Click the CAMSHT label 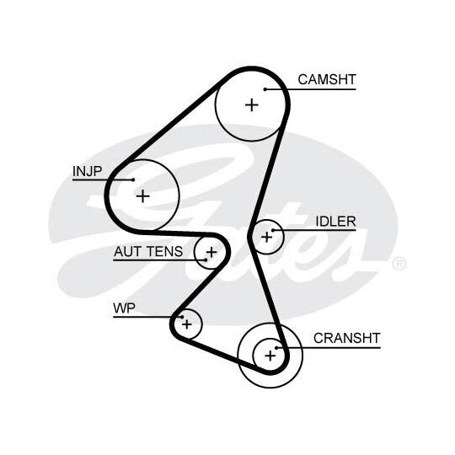click(x=327, y=79)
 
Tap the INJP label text click(x=87, y=171)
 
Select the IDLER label click(x=335, y=222)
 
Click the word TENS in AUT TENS click(x=165, y=251)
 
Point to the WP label click(x=124, y=308)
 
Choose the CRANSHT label click(x=347, y=338)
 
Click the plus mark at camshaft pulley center click(x=252, y=104)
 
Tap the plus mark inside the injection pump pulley click(x=142, y=196)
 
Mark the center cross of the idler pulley click(x=266, y=237)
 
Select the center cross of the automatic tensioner click(x=211, y=252)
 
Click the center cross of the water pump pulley click(x=187, y=324)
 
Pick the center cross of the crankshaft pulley click(x=270, y=356)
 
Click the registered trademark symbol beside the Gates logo click(x=399, y=264)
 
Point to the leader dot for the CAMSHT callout click(x=265, y=89)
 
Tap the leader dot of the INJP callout click(x=133, y=179)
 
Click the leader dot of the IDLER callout click(x=273, y=230)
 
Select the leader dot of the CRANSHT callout click(x=276, y=348)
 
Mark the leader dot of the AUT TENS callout click(x=206, y=260)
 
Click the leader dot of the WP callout click(x=182, y=317)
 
